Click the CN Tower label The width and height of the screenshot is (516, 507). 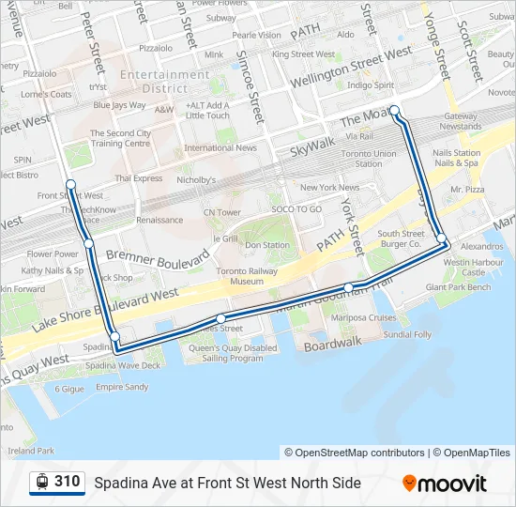click(222, 212)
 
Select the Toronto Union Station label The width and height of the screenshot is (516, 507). click(368, 158)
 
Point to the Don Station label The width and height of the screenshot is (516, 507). click(266, 245)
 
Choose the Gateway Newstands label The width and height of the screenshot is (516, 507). click(461, 121)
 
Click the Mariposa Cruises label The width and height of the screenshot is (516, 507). click(362, 317)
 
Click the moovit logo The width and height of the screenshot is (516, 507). click(446, 484)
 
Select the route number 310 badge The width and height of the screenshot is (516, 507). click(67, 482)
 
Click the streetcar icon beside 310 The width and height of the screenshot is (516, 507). click(42, 483)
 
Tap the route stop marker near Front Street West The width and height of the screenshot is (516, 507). click(70, 184)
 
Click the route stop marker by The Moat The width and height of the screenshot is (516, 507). click(395, 111)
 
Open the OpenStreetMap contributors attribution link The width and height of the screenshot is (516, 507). click(355, 453)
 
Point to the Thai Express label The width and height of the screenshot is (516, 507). click(138, 178)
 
